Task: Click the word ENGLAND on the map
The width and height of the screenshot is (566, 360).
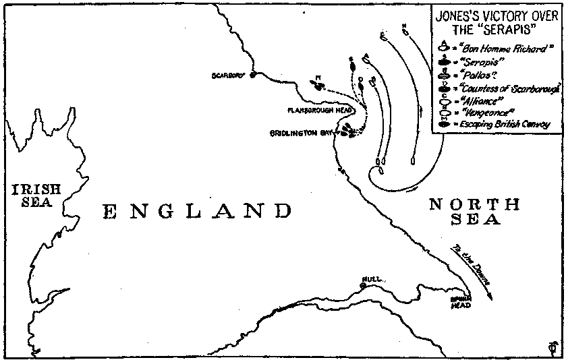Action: pyautogui.click(x=197, y=212)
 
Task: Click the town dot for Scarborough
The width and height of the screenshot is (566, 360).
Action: pyautogui.click(x=252, y=75)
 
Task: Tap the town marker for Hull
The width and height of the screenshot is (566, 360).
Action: pyautogui.click(x=362, y=286)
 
